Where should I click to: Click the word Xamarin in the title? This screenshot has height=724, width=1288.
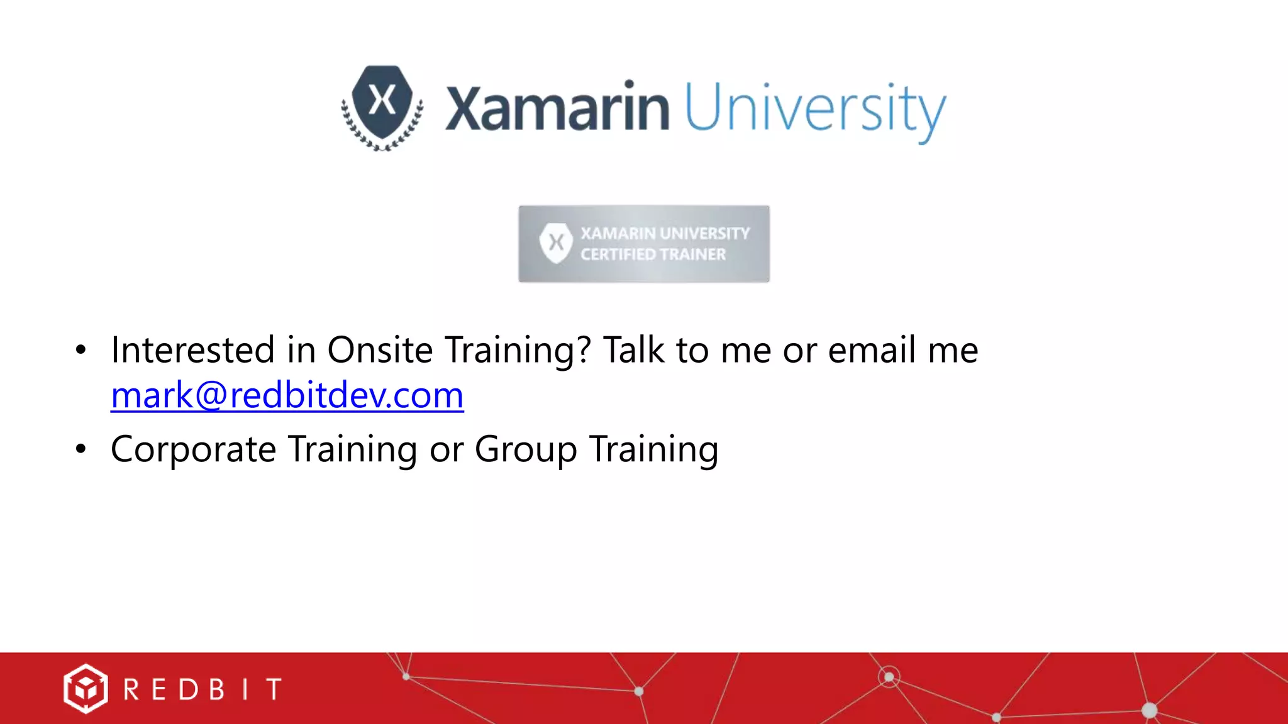[557, 108]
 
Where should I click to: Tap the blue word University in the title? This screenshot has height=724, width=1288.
[815, 110]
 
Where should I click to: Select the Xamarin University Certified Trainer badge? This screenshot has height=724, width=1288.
[643, 244]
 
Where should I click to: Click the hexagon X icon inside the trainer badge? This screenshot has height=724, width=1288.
[556, 243]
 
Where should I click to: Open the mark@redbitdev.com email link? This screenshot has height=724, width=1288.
[287, 395]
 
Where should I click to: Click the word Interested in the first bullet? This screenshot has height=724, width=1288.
[192, 350]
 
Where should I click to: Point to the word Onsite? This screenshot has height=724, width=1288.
[380, 350]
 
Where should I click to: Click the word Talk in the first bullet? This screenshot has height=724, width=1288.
[633, 350]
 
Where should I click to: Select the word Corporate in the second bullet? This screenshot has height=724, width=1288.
[193, 450]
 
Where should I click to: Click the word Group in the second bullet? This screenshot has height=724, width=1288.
[526, 450]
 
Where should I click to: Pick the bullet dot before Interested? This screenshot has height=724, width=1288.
[80, 351]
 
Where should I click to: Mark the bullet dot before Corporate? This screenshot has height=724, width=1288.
[80, 449]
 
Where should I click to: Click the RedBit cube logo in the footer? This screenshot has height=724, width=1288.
[85, 689]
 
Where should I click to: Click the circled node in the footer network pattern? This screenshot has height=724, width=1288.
[889, 677]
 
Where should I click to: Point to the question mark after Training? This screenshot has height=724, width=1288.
[583, 350]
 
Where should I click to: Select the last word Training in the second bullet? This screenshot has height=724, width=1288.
[654, 450]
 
